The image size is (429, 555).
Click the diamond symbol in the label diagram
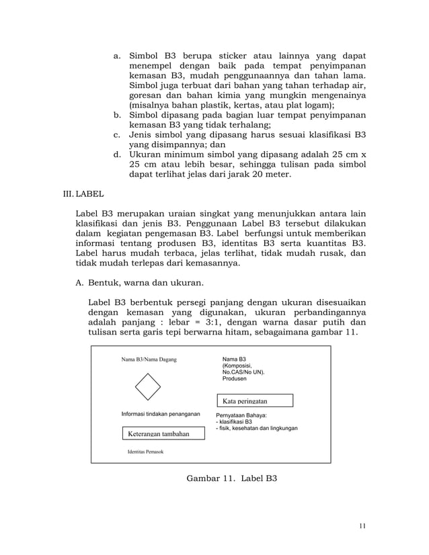coord(147,386)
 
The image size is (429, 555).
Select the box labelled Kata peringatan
coord(254,401)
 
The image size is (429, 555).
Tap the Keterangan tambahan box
coord(159,434)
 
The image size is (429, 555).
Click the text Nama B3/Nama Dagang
coord(149,359)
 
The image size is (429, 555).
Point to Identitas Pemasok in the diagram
coord(145,452)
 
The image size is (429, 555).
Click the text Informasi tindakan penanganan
coord(161,415)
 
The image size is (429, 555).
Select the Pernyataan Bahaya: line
coord(241,415)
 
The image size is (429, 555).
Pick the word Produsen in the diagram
coord(234,379)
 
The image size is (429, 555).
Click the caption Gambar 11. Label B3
coord(231,479)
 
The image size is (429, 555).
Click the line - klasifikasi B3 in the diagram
coord(234,422)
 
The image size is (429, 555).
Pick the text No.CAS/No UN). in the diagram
coord(244,372)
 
